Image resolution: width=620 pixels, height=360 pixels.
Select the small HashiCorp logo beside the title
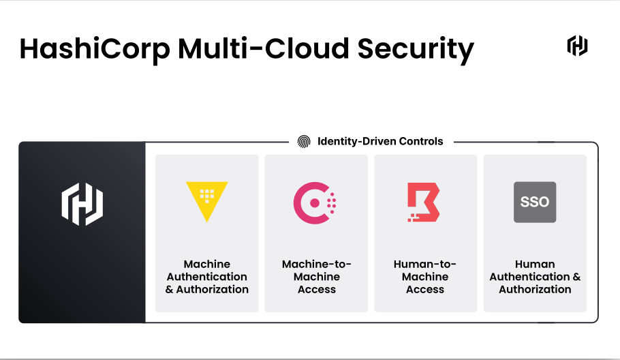point(578,46)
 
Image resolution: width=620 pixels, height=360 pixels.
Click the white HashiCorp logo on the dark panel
point(82,203)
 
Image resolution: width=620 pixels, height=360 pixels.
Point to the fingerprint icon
point(304,142)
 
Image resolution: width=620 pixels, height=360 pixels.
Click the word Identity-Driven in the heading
point(356,142)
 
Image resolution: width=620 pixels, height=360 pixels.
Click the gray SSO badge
point(535,202)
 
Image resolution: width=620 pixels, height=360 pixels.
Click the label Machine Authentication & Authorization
point(207,277)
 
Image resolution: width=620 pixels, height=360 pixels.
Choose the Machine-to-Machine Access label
point(317,277)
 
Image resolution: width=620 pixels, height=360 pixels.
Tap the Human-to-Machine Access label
point(425,277)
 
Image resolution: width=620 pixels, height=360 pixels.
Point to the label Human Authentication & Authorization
point(535,277)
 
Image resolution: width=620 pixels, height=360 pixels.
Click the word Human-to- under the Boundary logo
point(425,265)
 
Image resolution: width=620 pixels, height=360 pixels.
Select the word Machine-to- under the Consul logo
point(317,265)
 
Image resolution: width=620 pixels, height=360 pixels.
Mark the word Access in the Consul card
point(317,289)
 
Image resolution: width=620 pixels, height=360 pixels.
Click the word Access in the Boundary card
point(425,289)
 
